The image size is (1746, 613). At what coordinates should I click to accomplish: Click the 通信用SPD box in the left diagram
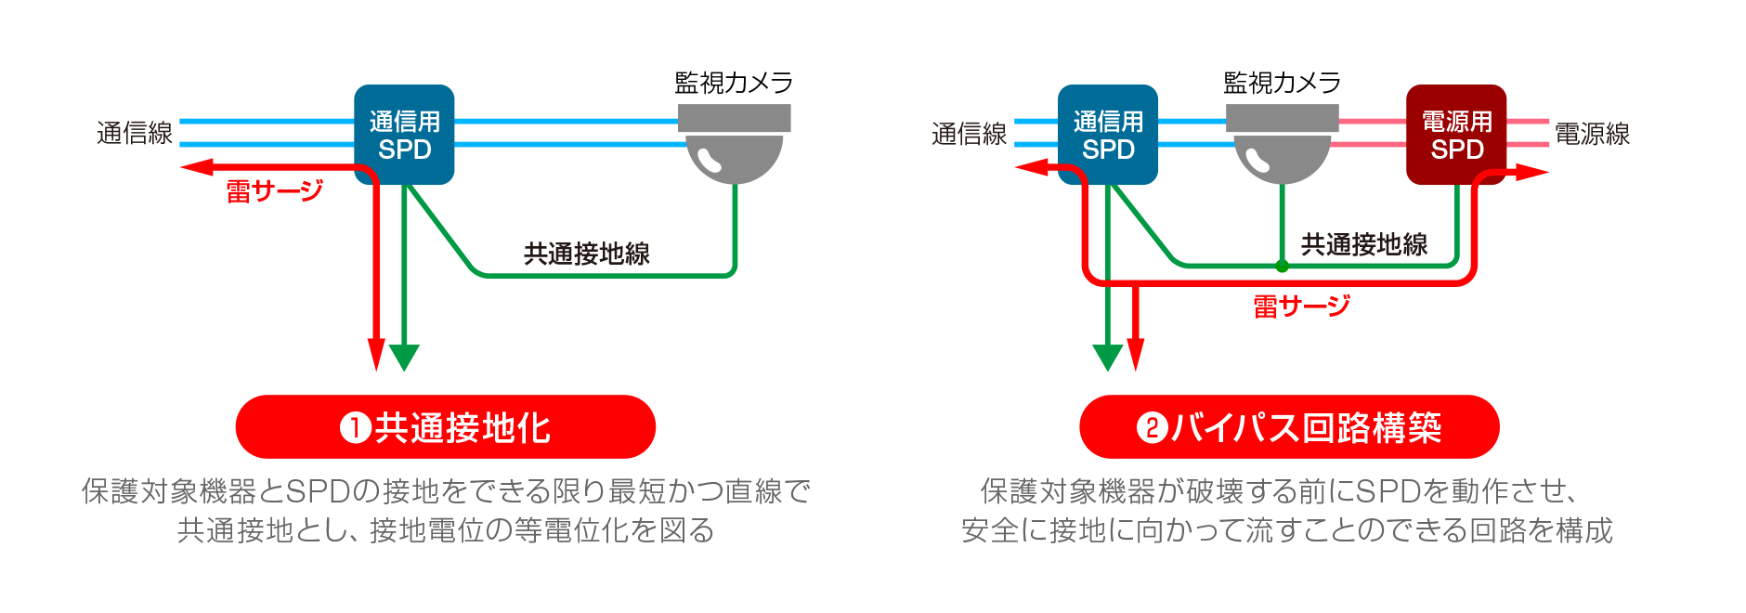coord(404,135)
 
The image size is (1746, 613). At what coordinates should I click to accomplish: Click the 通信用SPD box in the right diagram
coord(1107,135)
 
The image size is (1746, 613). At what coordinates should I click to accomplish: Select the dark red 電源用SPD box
coord(1455,135)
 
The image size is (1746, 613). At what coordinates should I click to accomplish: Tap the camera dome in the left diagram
coord(734,156)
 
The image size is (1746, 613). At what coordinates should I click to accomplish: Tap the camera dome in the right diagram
coord(1282,156)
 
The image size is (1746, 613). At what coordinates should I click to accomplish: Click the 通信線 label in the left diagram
coord(135,133)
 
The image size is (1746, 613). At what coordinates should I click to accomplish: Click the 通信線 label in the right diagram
coord(969,134)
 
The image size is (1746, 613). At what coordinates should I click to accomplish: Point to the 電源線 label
coord(1592,134)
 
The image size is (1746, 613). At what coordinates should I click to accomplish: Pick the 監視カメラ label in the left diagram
coord(734,83)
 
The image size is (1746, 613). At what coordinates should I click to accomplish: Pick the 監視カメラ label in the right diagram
coord(1282,83)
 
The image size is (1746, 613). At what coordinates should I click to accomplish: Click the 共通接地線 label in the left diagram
coord(586,254)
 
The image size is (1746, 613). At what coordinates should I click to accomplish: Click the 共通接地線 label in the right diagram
coord(1363,244)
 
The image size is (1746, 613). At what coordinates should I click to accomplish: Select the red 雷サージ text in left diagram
coord(274,191)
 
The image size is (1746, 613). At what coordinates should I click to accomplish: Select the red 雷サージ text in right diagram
coord(1301,306)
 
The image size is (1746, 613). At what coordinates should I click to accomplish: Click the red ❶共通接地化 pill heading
coord(446,427)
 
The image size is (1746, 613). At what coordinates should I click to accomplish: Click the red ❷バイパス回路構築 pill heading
coord(1289,427)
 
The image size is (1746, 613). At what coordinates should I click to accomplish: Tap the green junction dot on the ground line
coord(1282,267)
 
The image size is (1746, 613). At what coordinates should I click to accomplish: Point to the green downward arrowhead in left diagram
coord(404,358)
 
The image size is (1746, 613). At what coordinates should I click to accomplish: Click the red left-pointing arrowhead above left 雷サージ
coord(195,167)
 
